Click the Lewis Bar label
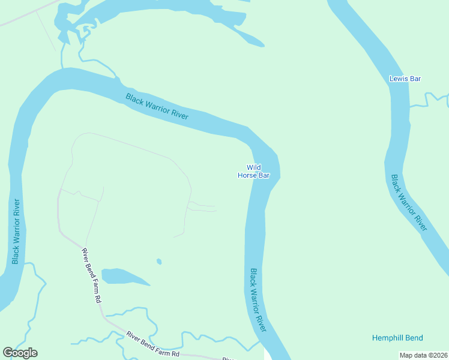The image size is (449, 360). click(405, 79)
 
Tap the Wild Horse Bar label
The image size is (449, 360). click(253, 172)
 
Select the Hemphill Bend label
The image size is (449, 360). click(397, 338)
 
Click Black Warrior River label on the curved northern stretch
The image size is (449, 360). click(157, 107)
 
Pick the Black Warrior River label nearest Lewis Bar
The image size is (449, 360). click(409, 203)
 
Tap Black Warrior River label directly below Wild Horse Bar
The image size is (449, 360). click(258, 300)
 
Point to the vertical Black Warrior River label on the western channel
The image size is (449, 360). click(16, 231)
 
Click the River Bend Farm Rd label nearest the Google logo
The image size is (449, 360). click(152, 346)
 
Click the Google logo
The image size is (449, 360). click(20, 353)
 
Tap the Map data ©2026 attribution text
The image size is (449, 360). click(424, 355)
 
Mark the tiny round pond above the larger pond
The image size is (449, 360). click(158, 261)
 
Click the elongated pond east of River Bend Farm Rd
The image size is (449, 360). click(123, 277)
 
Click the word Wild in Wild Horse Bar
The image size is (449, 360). click(253, 167)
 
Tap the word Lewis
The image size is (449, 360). click(398, 79)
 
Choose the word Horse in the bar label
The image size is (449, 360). click(247, 176)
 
